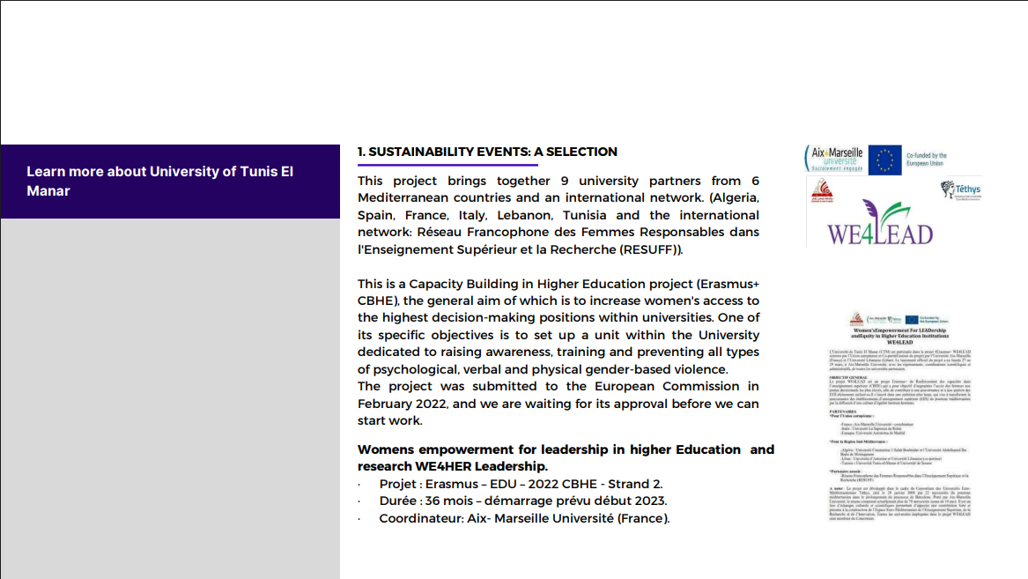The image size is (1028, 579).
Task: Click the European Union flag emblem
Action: [884, 160]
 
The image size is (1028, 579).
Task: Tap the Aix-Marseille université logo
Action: [835, 159]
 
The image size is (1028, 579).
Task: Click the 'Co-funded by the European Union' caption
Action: [939, 160]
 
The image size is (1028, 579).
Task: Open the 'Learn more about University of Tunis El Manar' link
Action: [159, 181]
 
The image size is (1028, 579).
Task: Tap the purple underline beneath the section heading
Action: [447, 165]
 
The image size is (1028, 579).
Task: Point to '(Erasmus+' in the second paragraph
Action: [728, 284]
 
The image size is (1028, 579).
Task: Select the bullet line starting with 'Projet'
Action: [520, 484]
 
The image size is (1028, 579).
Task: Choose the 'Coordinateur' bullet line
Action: [523, 518]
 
